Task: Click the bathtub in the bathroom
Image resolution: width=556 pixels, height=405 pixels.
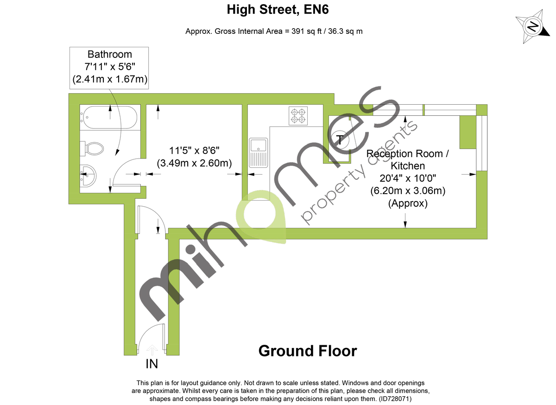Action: coord(109,118)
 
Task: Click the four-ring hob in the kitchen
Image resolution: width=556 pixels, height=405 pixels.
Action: coord(298,115)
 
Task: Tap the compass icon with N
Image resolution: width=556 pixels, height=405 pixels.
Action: coord(533,26)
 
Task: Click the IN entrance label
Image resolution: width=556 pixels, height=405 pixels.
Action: coord(152,364)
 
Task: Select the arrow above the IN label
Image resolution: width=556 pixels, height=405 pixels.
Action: coord(152,349)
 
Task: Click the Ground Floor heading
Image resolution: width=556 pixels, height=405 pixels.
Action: coord(308,351)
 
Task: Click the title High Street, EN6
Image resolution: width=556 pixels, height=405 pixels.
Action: coord(278,9)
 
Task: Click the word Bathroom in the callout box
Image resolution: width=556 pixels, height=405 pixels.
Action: coord(109,55)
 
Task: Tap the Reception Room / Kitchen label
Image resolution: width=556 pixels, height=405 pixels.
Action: coord(407,159)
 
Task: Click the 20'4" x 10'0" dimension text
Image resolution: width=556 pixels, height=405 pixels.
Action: coord(407,178)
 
